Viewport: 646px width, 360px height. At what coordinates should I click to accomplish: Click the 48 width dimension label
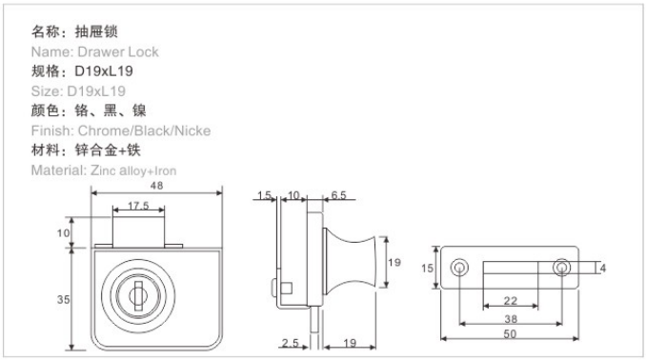(x=156, y=186)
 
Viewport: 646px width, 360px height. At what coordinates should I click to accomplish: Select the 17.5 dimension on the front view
(x=138, y=206)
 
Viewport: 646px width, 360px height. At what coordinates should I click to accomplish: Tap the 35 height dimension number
(x=63, y=299)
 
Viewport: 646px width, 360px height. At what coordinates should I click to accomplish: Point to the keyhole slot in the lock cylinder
(x=138, y=295)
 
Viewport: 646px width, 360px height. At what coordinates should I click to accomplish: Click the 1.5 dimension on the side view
(x=265, y=195)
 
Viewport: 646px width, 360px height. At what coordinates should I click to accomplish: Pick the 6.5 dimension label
(x=338, y=195)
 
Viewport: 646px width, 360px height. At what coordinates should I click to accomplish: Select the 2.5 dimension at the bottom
(x=290, y=343)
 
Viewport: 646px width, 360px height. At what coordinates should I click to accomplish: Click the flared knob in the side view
(x=350, y=262)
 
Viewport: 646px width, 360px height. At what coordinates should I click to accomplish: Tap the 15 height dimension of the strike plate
(x=427, y=269)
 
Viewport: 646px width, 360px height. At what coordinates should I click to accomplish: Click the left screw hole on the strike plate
(x=459, y=268)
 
